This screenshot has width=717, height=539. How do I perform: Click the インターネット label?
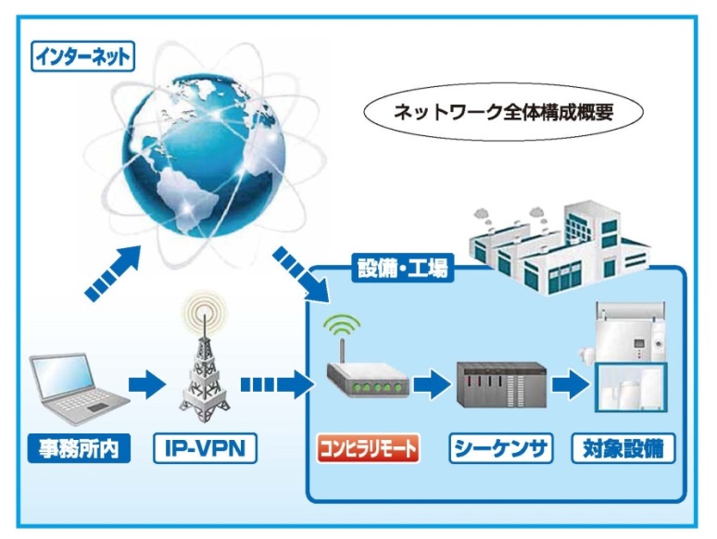tap(82, 56)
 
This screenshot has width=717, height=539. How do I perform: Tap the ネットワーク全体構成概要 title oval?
tap(503, 112)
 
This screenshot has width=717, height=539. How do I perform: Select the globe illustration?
tap(204, 156)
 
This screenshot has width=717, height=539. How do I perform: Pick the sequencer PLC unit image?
tap(502, 384)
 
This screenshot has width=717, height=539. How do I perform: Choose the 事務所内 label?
tap(79, 448)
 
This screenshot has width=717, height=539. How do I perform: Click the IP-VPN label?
tap(205, 448)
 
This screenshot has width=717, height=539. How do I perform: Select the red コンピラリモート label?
tap(369, 448)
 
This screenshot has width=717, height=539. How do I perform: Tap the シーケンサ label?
tap(501, 448)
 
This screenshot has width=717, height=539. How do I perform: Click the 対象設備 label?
tap(623, 448)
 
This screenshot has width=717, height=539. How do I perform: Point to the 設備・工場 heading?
tap(402, 268)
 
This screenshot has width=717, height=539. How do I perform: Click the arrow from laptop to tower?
tap(146, 385)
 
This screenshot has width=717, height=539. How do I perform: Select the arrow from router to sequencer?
tap(432, 385)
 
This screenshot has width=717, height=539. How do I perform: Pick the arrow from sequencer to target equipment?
tap(571, 385)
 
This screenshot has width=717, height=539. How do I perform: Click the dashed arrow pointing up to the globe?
tap(113, 273)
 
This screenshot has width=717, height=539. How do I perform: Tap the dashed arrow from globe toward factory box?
tap(301, 275)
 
